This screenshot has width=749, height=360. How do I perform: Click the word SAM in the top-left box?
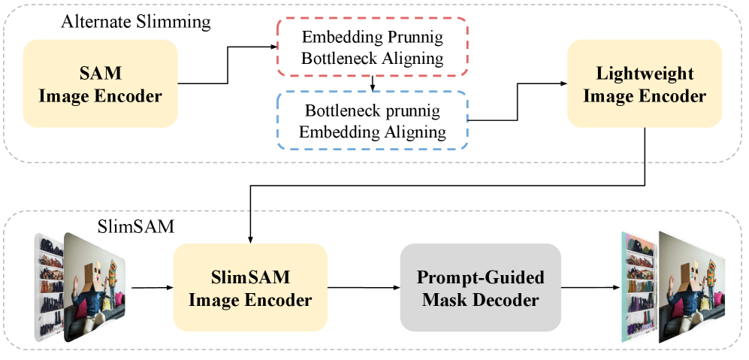pyautogui.click(x=100, y=74)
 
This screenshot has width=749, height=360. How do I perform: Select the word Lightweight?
pyautogui.click(x=645, y=74)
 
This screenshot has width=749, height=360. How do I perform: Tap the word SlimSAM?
pyautogui.click(x=249, y=278)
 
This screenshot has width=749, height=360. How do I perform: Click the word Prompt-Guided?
pyautogui.click(x=480, y=278)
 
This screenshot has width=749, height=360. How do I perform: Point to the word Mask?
pyautogui.click(x=442, y=301)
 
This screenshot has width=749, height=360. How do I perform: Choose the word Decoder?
pyautogui.click(x=511, y=301)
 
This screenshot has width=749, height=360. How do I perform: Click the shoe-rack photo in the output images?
pyautogui.click(x=638, y=286)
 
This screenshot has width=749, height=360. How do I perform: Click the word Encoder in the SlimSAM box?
pyautogui.click(x=282, y=301)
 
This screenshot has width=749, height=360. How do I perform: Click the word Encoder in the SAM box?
pyautogui.click(x=131, y=96)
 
